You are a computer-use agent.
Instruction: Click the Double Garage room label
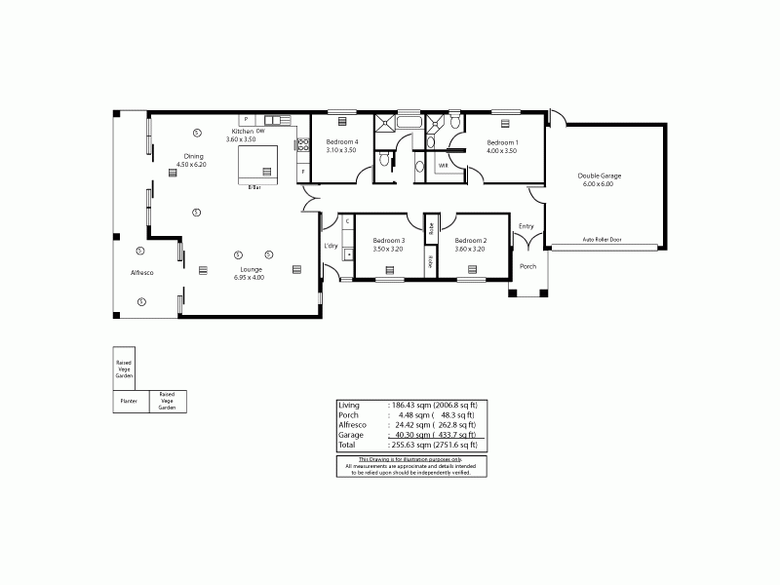pyautogui.click(x=600, y=175)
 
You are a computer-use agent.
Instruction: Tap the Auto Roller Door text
pyautogui.click(x=601, y=239)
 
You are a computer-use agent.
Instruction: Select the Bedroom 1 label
pyautogui.click(x=503, y=142)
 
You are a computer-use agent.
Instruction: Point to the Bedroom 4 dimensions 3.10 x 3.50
pyautogui.click(x=341, y=150)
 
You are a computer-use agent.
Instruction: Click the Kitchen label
pyautogui.click(x=242, y=132)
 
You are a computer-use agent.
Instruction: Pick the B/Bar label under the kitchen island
pyautogui.click(x=254, y=186)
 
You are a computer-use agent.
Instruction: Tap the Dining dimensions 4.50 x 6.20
pyautogui.click(x=194, y=165)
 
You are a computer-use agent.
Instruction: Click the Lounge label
pyautogui.click(x=249, y=269)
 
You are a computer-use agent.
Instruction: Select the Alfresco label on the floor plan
pyautogui.click(x=142, y=273)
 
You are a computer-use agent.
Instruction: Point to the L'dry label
pyautogui.click(x=330, y=246)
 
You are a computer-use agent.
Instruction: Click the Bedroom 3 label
pyautogui.click(x=388, y=240)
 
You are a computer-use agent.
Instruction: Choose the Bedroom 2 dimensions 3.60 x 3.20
pyautogui.click(x=470, y=249)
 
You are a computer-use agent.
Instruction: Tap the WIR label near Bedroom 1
pyautogui.click(x=444, y=166)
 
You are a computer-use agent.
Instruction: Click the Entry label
pyautogui.click(x=526, y=227)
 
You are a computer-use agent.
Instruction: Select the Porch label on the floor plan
pyautogui.click(x=527, y=266)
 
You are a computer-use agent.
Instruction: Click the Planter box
pyautogui.click(x=128, y=401)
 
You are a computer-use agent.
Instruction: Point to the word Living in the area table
pyautogui.click(x=348, y=405)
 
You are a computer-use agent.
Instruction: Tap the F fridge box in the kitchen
pyautogui.click(x=303, y=172)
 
